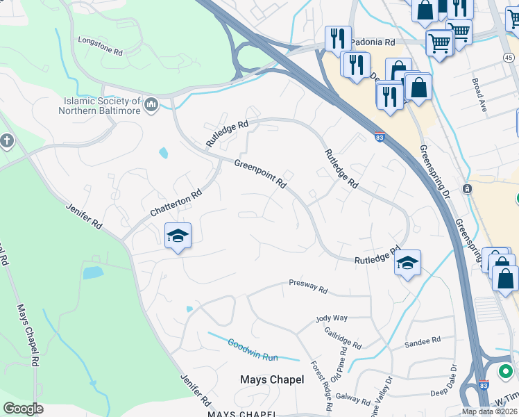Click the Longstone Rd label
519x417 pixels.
coord(100,45)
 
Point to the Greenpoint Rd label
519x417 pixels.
coord(260,174)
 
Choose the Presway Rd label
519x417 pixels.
coord(307,284)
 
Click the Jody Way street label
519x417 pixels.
coord(331,318)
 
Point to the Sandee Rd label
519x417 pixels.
coord(423,341)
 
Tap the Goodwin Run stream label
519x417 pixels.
coord(253,350)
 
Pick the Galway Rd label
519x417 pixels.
coord(352,398)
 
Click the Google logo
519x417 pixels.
coord(23,408)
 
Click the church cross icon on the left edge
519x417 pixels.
coord(7,142)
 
